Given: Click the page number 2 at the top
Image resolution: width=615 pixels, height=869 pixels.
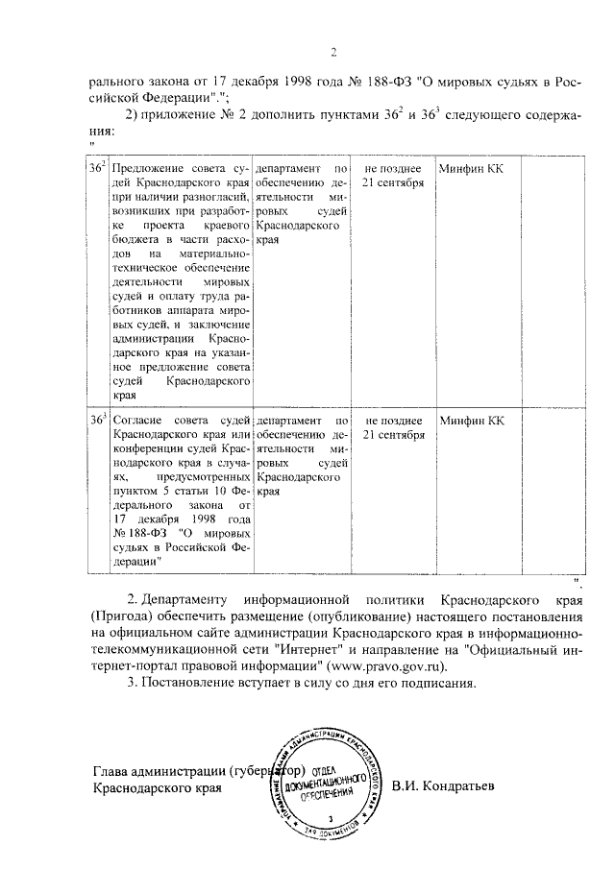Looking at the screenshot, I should point(332,52).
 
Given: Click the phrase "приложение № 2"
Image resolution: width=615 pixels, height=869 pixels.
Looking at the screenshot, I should point(193,115).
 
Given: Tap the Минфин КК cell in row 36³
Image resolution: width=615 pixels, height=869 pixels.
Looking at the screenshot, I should point(470,420).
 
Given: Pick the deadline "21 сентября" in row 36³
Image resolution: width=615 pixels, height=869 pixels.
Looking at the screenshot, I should point(393,434).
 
